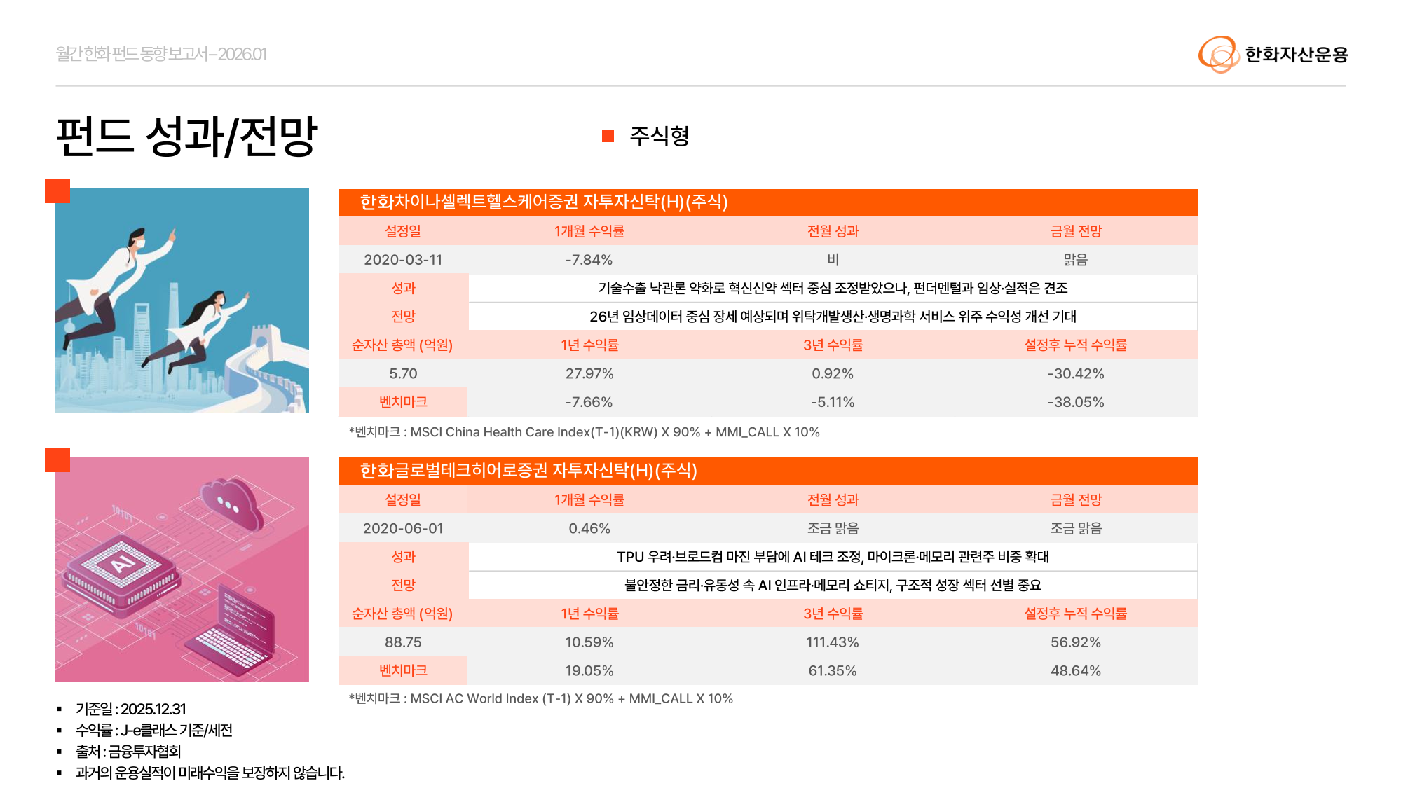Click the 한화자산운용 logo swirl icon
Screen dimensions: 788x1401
1218,54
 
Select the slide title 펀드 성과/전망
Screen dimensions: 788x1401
186,136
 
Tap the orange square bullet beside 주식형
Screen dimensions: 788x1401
608,137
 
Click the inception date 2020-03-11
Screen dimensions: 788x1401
403,260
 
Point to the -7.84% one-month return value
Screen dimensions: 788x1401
589,260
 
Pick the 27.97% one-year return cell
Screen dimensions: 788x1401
589,374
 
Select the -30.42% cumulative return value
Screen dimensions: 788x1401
1075,374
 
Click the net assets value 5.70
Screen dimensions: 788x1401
403,374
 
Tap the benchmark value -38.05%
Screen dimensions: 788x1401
1075,402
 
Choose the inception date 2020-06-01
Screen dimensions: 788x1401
403,528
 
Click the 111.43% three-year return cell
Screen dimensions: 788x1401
832,642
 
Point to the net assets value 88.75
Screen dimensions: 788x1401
403,642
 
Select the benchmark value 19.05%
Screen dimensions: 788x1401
589,671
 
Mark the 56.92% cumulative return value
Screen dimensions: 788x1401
1075,642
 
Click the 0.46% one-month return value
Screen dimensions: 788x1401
589,528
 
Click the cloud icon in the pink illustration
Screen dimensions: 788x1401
231,500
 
